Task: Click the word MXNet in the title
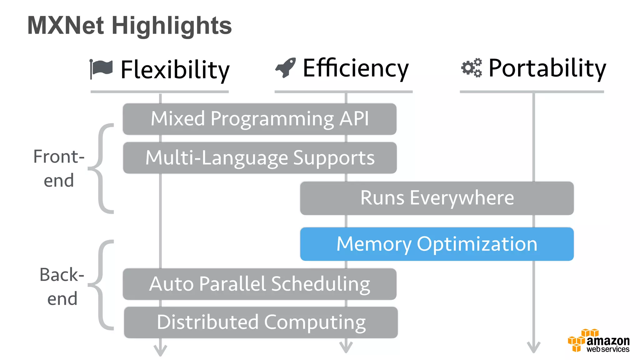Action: pyautogui.click(x=66, y=26)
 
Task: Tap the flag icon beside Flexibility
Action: pyautogui.click(x=101, y=68)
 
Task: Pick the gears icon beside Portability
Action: pyautogui.click(x=472, y=67)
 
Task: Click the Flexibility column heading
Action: pyautogui.click(x=175, y=69)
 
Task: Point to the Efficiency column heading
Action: pyautogui.click(x=356, y=68)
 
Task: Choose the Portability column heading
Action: pyautogui.click(x=547, y=68)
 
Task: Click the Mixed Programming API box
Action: pyautogui.click(x=259, y=119)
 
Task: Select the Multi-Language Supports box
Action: pyautogui.click(x=260, y=158)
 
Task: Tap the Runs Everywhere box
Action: pyautogui.click(x=437, y=198)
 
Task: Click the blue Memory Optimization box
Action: pyautogui.click(x=437, y=244)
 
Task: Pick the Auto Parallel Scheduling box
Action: pyautogui.click(x=259, y=284)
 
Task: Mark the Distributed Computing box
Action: pyautogui.click(x=261, y=322)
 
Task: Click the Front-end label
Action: pyautogui.click(x=59, y=168)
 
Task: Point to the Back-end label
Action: pyautogui.click(x=62, y=287)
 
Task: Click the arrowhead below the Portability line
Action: pyautogui.click(x=533, y=347)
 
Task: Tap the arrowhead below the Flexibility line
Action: pyautogui.click(x=160, y=350)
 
